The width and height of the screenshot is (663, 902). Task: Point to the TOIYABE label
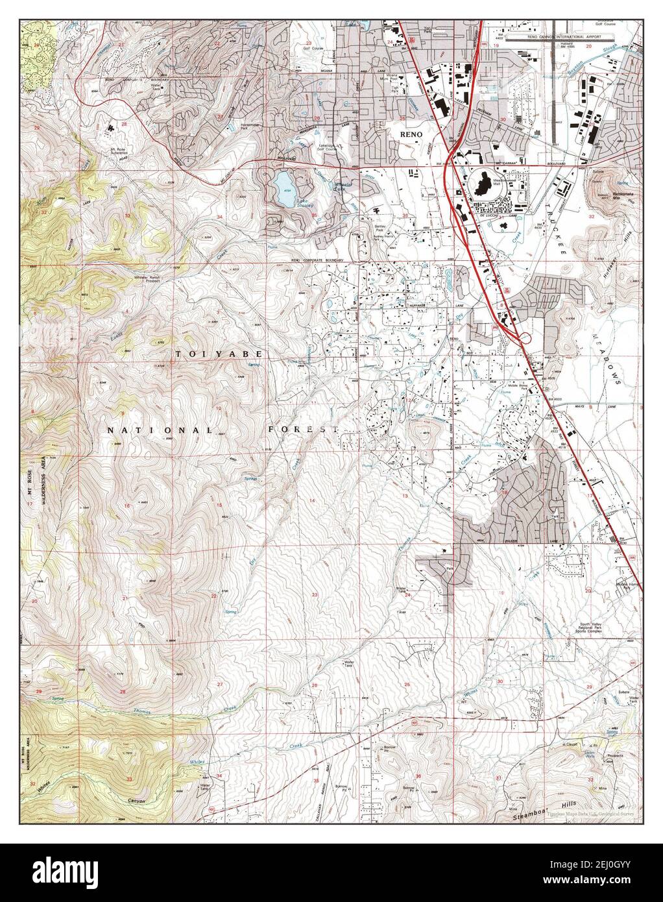pos(219,354)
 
